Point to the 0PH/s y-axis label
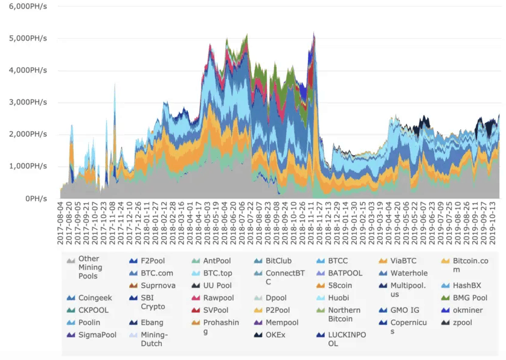37,198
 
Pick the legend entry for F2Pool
153,261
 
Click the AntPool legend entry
216,261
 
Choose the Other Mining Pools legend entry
90,268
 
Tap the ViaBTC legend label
403,261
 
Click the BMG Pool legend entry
470,298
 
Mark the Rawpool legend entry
218,298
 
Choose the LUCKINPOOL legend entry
347,339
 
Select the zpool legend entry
462,323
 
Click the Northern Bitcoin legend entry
344,314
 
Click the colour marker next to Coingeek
71,298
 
